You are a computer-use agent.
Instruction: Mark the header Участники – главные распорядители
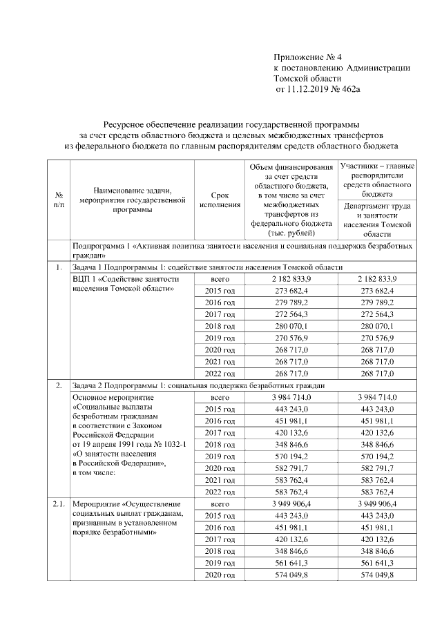click(x=377, y=180)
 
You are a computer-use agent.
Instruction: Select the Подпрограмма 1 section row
click(x=243, y=250)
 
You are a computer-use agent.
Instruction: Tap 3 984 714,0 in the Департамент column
click(x=377, y=397)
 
